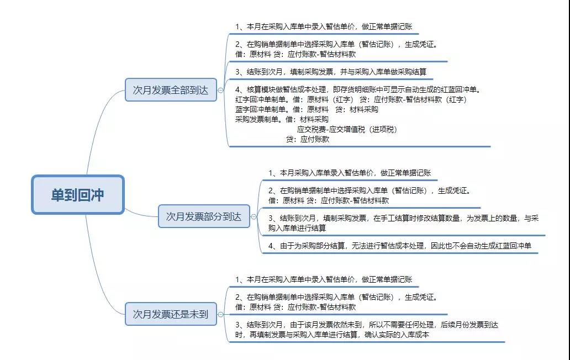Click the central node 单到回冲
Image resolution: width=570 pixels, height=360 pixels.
pos(78,195)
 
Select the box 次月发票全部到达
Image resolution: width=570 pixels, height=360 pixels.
pos(171,90)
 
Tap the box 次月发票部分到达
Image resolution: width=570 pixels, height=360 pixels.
pos(204,216)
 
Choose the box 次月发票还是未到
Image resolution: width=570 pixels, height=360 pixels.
pos(171,314)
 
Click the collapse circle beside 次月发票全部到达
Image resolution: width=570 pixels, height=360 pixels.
pos(221,90)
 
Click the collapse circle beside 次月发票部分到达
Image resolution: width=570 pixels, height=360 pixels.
pos(254,217)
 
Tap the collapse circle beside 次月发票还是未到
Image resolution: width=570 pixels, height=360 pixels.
pos(221,314)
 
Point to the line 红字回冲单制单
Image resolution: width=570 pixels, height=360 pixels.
pos(351,99)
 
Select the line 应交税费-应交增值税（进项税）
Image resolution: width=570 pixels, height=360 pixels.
pos(347,129)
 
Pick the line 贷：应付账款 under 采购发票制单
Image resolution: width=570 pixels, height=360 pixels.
pos(308,139)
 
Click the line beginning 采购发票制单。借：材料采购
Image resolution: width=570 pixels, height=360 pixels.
pos(282,119)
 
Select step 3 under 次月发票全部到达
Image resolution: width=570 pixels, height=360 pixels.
pos(331,72)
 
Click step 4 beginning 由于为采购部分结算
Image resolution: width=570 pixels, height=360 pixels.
pos(400,246)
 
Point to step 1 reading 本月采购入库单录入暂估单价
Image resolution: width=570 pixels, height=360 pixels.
pos(350,173)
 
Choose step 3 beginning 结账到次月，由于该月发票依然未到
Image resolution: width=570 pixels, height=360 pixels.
pos(366,330)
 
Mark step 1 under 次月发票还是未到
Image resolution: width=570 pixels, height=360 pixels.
pos(324,279)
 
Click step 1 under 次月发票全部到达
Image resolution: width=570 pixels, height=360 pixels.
pos(324,27)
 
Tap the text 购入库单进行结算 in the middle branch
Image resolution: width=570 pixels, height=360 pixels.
pos(297,228)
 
